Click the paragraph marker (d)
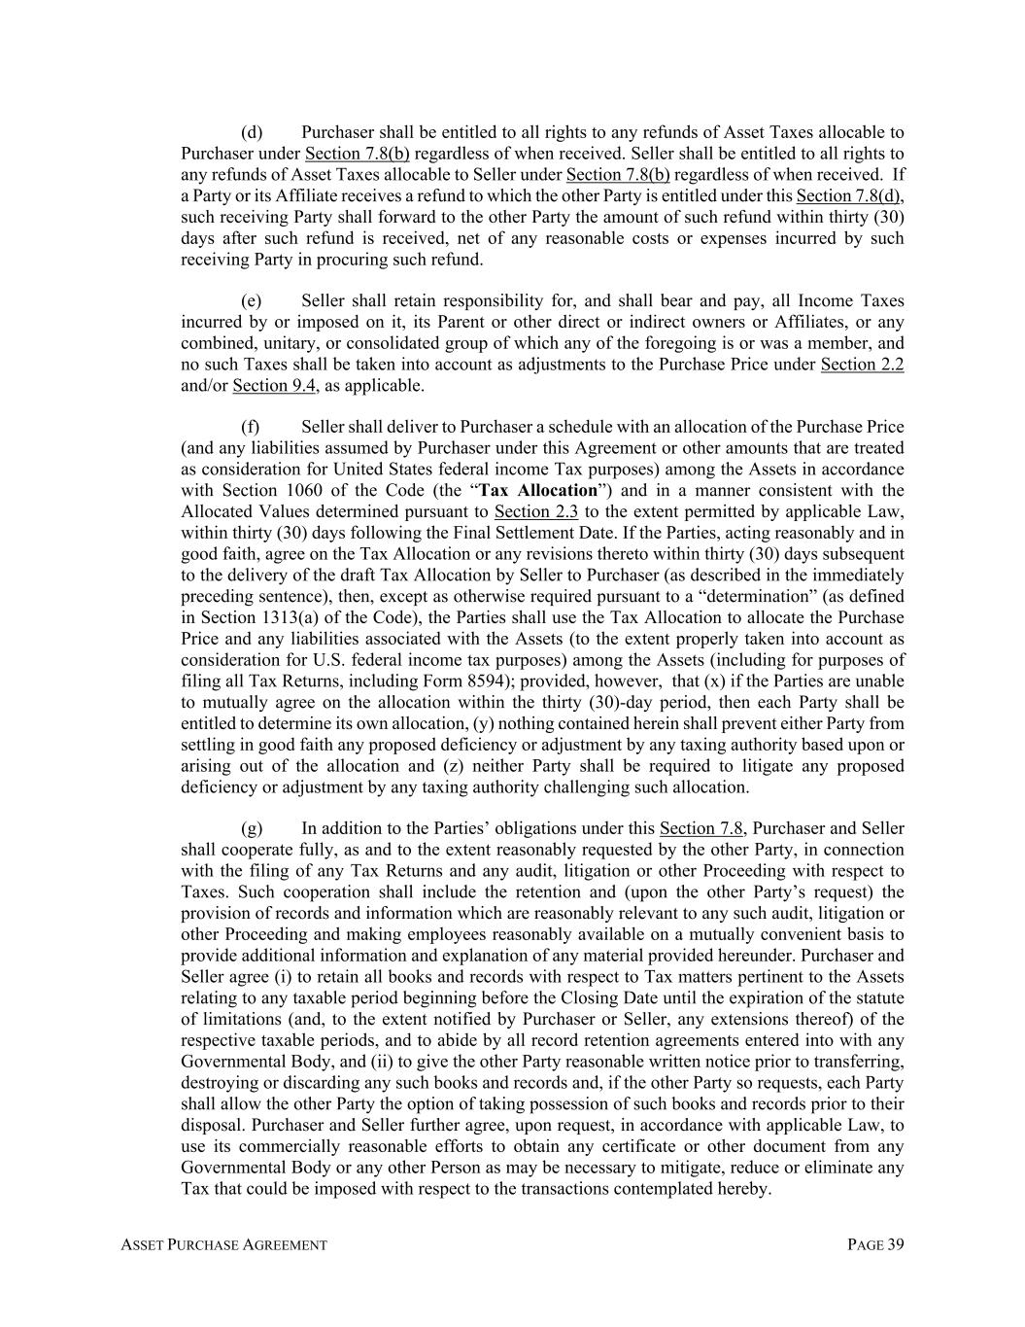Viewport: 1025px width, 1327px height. [252, 132]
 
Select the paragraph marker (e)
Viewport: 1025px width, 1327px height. [252, 301]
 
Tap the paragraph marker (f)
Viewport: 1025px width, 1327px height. [251, 428]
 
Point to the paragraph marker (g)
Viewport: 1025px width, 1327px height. [252, 829]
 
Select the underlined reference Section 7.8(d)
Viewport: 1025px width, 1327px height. [849, 196]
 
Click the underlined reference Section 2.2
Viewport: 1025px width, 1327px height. [862, 365]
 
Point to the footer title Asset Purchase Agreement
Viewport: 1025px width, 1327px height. [223, 1245]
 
